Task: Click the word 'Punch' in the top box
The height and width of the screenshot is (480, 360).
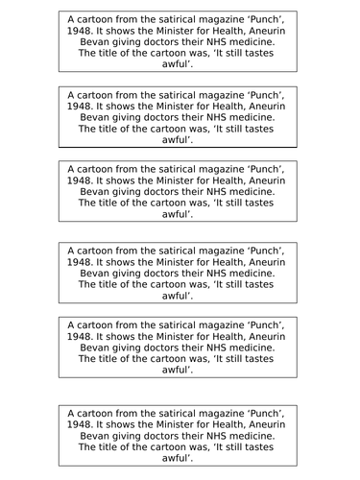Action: click(x=273, y=18)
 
